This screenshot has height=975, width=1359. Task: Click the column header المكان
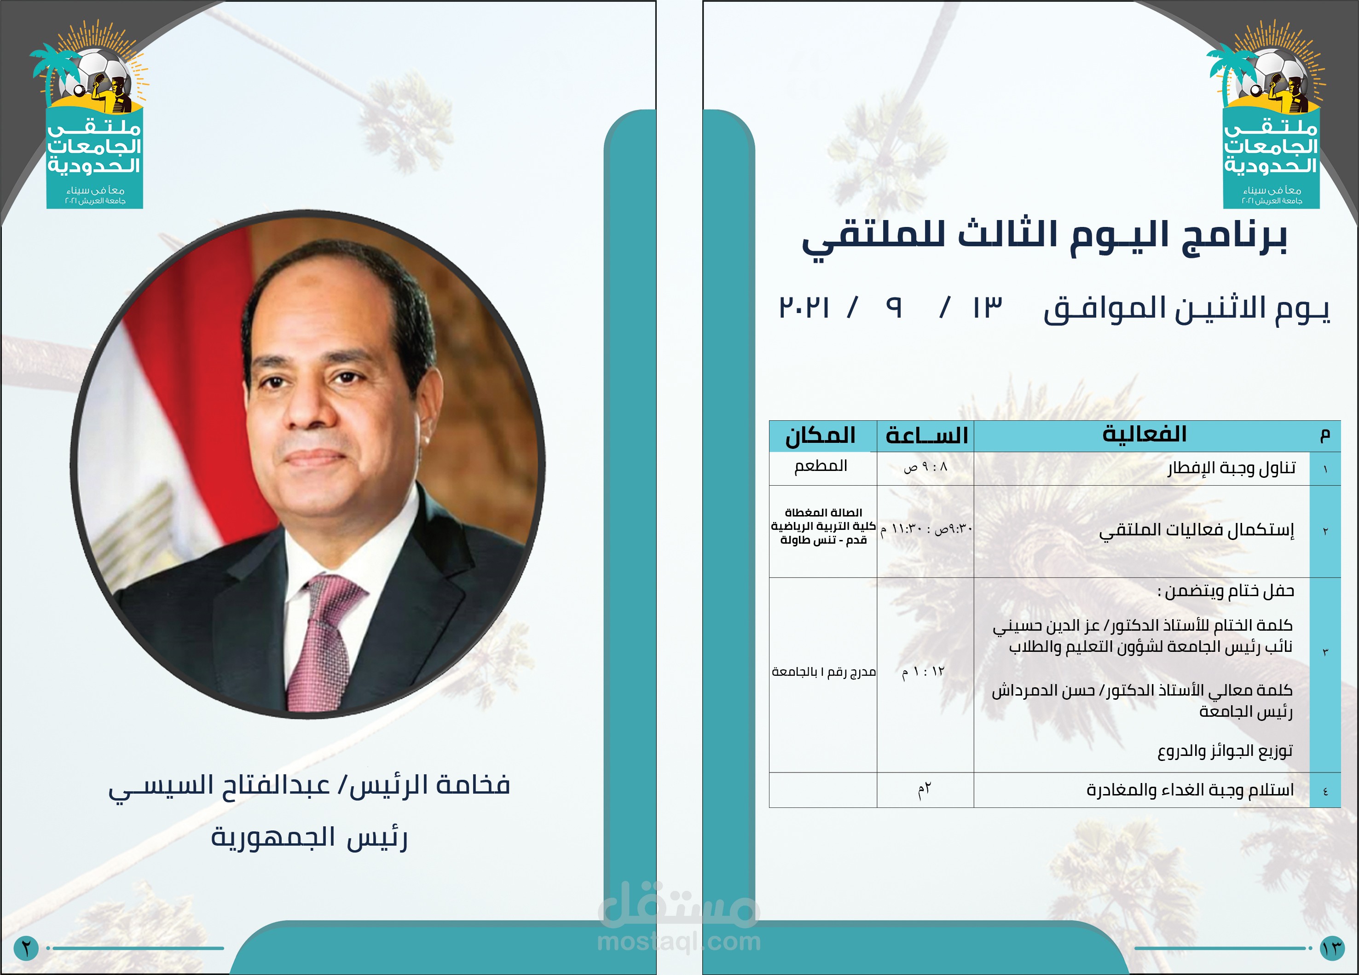[820, 435]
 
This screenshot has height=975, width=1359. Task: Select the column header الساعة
[926, 435]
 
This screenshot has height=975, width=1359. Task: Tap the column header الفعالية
[1144, 434]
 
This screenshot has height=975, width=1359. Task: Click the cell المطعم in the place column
[820, 466]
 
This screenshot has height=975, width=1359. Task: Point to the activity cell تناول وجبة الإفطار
[1232, 467]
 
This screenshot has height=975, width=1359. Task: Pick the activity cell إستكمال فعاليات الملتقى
[1197, 530]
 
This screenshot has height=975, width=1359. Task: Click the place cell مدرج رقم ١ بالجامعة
[824, 672]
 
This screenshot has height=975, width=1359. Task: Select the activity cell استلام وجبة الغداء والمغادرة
[1190, 790]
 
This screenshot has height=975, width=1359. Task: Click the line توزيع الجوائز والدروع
[1225, 751]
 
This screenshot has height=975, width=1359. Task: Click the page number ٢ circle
[26, 948]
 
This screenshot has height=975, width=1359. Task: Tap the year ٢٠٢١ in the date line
[804, 308]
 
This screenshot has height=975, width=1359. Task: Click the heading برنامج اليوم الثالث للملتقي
[1044, 236]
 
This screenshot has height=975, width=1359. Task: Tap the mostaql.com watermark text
[679, 941]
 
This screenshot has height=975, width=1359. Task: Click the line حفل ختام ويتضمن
[1226, 592]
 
